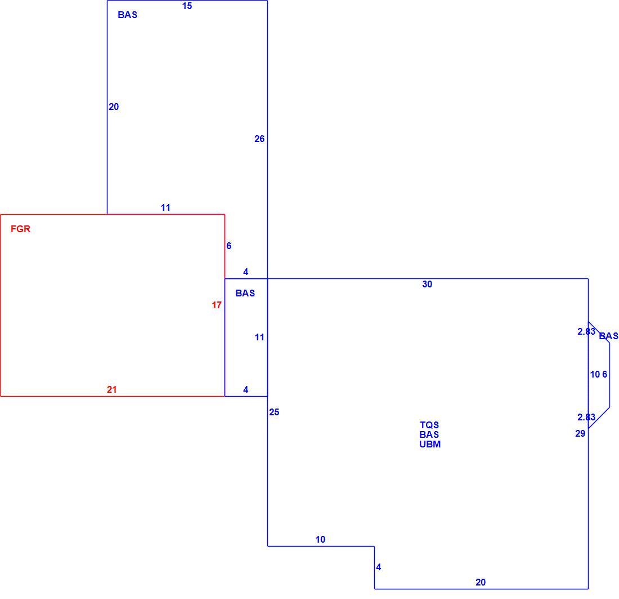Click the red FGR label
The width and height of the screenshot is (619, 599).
pyautogui.click(x=20, y=229)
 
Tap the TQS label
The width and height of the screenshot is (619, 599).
pyautogui.click(x=429, y=425)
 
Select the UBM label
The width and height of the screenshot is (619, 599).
pyautogui.click(x=430, y=444)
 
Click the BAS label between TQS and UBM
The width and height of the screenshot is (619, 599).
pyautogui.click(x=429, y=434)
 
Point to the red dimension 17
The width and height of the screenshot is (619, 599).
pyautogui.click(x=217, y=305)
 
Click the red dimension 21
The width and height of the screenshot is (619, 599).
pyautogui.click(x=112, y=389)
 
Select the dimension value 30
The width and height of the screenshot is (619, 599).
pyautogui.click(x=427, y=284)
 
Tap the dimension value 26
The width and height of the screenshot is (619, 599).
pyautogui.click(x=259, y=139)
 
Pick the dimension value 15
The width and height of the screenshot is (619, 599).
pyautogui.click(x=187, y=6)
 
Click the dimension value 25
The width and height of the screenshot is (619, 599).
pyautogui.click(x=275, y=412)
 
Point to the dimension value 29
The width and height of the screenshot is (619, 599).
pyautogui.click(x=580, y=434)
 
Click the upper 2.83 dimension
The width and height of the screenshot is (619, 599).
pyautogui.click(x=586, y=331)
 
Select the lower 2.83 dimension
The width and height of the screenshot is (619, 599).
pyautogui.click(x=586, y=417)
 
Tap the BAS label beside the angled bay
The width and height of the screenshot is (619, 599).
pyautogui.click(x=609, y=336)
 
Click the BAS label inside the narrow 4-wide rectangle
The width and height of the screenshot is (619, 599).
pyautogui.click(x=245, y=293)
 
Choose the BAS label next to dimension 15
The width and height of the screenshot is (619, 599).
pyautogui.click(x=128, y=15)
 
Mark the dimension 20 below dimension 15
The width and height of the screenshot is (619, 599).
pyautogui.click(x=114, y=107)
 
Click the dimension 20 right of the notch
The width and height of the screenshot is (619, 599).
pyautogui.click(x=481, y=583)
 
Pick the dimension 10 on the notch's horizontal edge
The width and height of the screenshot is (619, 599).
pyautogui.click(x=321, y=539)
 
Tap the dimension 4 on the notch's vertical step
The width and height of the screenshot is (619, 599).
pyautogui.click(x=379, y=567)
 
